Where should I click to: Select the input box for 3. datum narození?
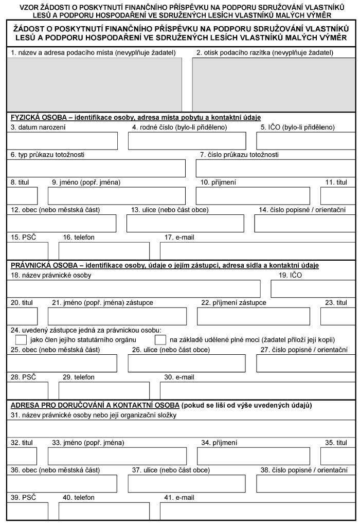[62, 141]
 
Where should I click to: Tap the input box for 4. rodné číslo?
[187, 141]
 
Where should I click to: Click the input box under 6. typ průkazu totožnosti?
[96, 168]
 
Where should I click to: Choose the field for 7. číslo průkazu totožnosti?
[275, 168]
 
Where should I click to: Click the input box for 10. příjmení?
[253, 196]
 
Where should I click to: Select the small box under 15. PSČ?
[28, 250]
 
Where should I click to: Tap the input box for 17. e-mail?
[257, 250]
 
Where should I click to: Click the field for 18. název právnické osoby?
[134, 289]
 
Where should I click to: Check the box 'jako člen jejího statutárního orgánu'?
[21, 340]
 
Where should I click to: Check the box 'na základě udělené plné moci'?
[160, 340]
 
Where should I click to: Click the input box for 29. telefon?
[104, 390]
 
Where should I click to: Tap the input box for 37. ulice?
[187, 483]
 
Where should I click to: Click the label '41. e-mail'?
[179, 498]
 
